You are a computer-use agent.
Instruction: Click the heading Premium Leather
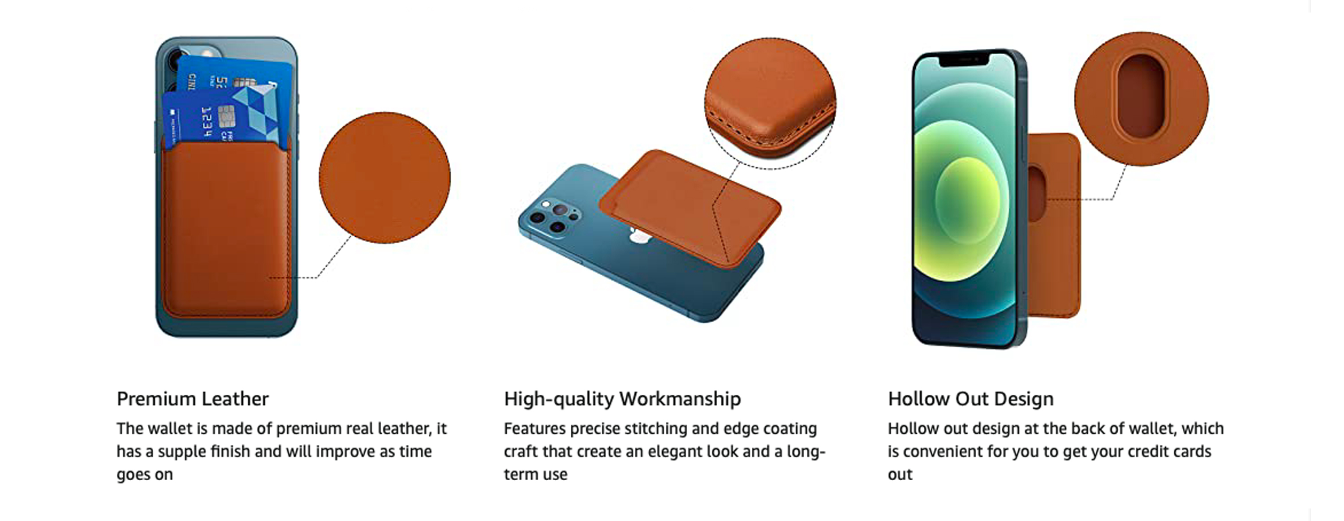point(193,399)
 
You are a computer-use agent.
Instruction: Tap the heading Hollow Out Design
point(970,399)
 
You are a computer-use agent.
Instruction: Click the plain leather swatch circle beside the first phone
point(384,177)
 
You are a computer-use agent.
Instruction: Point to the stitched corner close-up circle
point(770,103)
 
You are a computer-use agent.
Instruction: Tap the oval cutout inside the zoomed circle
point(1141,98)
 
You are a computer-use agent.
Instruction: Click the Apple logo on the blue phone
point(638,238)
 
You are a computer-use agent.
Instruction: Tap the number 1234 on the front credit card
point(207,121)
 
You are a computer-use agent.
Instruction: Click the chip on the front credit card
point(225,116)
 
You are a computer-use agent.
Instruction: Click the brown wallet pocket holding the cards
point(226,230)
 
